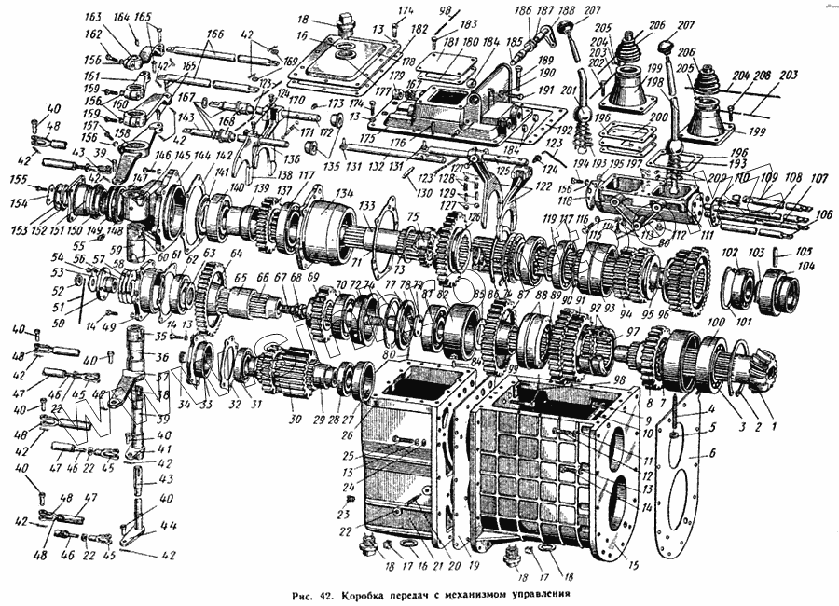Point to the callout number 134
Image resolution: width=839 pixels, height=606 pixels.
pos(345,193)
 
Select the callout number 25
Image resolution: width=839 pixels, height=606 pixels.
pos(346,455)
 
